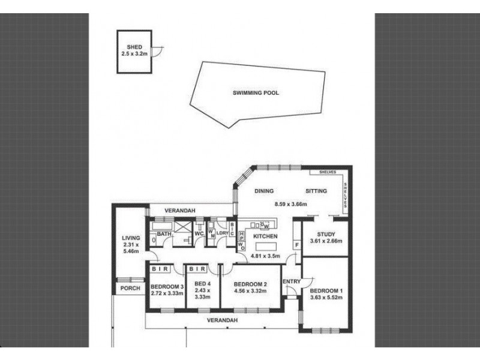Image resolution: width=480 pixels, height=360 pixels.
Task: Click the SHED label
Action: click(x=133, y=47)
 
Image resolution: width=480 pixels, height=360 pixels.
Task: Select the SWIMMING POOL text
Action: click(x=256, y=93)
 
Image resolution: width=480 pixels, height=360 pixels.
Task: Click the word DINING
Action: click(x=263, y=191)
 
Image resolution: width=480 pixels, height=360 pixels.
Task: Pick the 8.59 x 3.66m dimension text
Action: click(x=290, y=204)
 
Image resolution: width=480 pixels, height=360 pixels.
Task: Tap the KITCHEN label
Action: click(x=265, y=237)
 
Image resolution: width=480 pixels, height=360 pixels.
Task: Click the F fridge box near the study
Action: click(x=296, y=244)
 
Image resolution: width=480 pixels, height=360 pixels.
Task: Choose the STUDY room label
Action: click(x=326, y=234)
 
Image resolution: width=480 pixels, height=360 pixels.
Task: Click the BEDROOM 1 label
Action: click(x=326, y=292)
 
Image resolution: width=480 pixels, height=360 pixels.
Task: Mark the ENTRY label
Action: click(x=291, y=281)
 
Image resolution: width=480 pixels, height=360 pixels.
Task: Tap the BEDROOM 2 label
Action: click(x=250, y=284)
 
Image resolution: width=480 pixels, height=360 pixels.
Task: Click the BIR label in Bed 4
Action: click(x=198, y=269)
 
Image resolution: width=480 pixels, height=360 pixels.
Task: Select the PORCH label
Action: click(x=130, y=288)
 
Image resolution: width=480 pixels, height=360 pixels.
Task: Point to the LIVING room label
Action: click(x=130, y=238)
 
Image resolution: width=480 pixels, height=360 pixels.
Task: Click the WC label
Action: click(x=199, y=233)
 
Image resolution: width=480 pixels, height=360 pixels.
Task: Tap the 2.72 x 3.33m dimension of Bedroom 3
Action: click(x=166, y=293)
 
